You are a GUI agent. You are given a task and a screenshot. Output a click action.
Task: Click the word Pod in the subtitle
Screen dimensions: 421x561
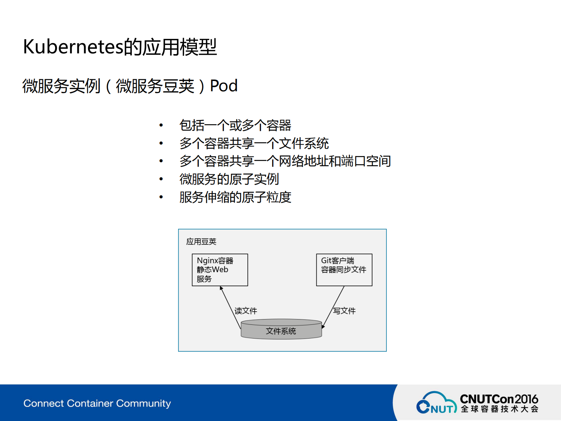[x=223, y=86]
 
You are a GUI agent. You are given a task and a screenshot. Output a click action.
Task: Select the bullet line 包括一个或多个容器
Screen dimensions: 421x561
[x=235, y=125]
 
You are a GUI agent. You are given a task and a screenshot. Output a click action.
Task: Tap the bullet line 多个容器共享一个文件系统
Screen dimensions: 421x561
[x=254, y=143]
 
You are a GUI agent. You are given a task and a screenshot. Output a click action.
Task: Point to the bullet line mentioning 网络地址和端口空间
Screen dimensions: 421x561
[x=285, y=161]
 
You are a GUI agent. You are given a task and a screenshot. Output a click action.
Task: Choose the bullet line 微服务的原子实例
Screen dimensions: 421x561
[x=229, y=179]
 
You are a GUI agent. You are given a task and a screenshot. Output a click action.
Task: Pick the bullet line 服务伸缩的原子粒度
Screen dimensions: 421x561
[x=235, y=197]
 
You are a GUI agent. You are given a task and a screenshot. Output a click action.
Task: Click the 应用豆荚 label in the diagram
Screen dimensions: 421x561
[x=201, y=242]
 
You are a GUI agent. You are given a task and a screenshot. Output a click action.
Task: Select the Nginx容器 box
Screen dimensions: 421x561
[x=220, y=270]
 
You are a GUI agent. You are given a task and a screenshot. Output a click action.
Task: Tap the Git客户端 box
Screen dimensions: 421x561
[x=344, y=270]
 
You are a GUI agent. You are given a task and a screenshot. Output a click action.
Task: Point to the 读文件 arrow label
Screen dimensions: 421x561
[x=246, y=311]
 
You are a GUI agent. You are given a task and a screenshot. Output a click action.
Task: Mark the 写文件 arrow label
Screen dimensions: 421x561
[x=344, y=311]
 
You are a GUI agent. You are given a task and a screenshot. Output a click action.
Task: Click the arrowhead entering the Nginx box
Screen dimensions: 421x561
[x=221, y=288]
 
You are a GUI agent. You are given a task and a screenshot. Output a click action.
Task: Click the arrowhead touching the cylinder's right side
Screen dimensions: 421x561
[x=323, y=327]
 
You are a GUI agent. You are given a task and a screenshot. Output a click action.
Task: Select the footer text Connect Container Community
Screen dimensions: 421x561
[x=97, y=403]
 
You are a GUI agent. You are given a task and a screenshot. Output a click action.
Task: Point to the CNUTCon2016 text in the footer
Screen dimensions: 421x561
[x=499, y=399]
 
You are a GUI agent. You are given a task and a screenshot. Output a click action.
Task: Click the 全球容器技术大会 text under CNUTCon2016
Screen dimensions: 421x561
[x=499, y=409]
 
